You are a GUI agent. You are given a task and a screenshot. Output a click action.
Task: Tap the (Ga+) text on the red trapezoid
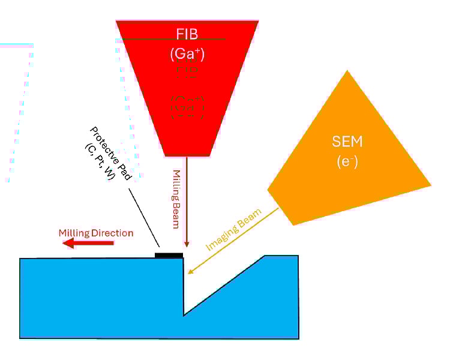click(188, 54)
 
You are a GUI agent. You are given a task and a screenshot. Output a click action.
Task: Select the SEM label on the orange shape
click(347, 142)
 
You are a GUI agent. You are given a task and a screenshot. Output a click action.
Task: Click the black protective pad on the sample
click(169, 256)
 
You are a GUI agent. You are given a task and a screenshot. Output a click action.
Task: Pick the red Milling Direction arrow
click(90, 243)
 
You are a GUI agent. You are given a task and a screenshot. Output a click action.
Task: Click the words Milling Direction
click(95, 233)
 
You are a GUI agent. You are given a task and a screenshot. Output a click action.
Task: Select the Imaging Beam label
click(233, 230)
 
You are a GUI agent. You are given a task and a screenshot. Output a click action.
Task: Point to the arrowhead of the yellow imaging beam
click(190, 273)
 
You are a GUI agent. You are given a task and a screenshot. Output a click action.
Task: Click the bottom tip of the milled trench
click(184, 314)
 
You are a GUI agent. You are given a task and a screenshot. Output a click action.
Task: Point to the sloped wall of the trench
click(225, 284)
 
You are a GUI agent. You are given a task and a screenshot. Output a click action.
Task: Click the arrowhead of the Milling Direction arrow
click(67, 243)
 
